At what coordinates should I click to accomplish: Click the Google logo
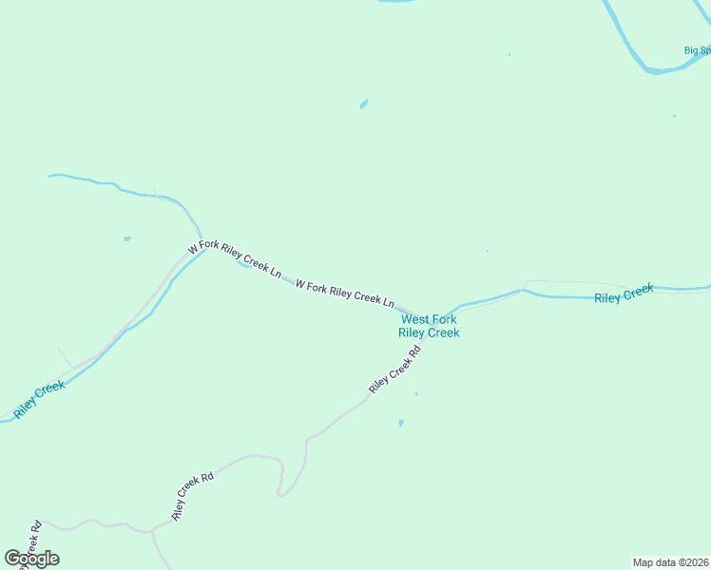point(31,559)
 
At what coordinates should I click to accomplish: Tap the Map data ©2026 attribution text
point(670,561)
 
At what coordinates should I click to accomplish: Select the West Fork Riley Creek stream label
point(429,326)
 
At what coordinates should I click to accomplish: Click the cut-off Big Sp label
point(698,50)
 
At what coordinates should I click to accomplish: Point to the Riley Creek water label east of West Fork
point(624,294)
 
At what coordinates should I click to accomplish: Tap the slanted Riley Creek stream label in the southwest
point(40,399)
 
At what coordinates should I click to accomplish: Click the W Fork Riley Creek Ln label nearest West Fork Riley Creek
point(344,293)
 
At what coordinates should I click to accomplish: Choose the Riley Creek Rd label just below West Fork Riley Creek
point(394,371)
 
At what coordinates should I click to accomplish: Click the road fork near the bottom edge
point(152,531)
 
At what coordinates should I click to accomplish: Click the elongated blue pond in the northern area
point(363,104)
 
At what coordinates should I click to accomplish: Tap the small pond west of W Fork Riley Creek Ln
point(126,238)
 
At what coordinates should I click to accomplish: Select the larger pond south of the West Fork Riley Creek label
point(401,423)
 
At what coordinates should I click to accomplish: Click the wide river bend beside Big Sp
point(656,68)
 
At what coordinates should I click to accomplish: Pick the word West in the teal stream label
point(415,320)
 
